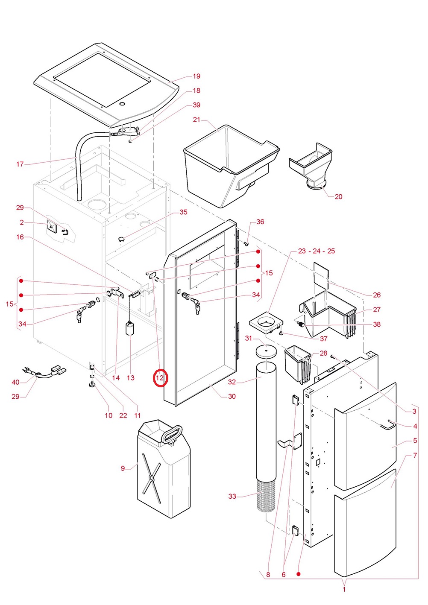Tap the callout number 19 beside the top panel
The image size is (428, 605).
(196, 76)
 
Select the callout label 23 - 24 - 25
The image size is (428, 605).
(316, 251)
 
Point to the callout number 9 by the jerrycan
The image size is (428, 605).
(123, 468)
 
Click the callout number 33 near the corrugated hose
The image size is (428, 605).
(232, 496)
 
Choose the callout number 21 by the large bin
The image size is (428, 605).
(196, 120)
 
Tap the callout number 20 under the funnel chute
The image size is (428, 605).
(338, 196)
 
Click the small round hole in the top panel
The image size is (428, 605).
(122, 104)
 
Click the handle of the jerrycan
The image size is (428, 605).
(171, 433)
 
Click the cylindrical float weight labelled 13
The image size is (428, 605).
(130, 329)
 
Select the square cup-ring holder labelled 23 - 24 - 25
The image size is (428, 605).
(267, 322)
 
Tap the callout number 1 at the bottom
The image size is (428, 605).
(344, 589)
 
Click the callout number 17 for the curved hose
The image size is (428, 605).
(20, 164)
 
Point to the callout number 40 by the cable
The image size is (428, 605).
(16, 382)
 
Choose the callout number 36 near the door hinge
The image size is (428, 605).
(260, 222)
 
